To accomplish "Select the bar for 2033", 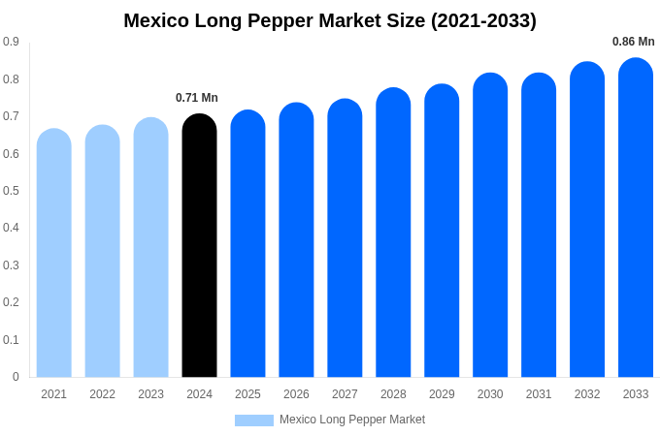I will [x=636, y=217].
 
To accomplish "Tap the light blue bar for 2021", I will [x=54, y=253].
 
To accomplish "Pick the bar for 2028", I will [x=393, y=233].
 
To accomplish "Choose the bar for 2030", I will [x=490, y=225].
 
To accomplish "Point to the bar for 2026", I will [x=296, y=239].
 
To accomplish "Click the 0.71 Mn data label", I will [x=197, y=98].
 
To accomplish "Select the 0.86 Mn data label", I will [x=633, y=42].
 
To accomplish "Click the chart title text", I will [x=330, y=20].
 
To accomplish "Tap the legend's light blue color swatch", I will [x=254, y=420].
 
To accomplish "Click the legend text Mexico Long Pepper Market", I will [x=352, y=420].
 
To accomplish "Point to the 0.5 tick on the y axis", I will [x=11, y=191].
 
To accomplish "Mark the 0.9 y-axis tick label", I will [x=11, y=42].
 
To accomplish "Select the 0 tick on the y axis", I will [x=16, y=377].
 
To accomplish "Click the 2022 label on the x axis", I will [x=103, y=394].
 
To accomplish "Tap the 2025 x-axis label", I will [x=247, y=394].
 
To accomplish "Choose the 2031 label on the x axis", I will [x=539, y=394].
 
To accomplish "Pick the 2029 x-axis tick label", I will [x=442, y=394].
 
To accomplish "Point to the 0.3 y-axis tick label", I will [x=11, y=265].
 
